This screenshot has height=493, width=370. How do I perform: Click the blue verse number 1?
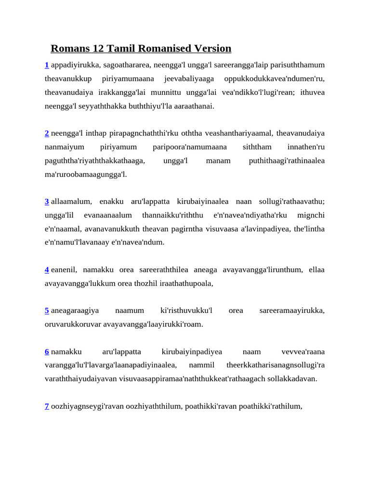tap(47, 65)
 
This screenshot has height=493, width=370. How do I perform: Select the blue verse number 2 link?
tap(47, 133)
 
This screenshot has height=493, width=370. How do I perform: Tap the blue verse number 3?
tap(47, 201)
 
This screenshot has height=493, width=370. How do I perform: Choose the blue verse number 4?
tap(47, 270)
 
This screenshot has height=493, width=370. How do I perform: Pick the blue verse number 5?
tap(47, 311)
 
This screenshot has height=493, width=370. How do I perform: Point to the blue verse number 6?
tap(47, 351)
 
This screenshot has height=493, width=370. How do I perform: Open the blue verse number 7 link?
tap(47, 406)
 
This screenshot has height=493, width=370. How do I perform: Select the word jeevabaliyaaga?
tap(189, 78)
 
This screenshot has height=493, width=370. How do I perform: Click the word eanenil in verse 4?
tap(64, 270)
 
